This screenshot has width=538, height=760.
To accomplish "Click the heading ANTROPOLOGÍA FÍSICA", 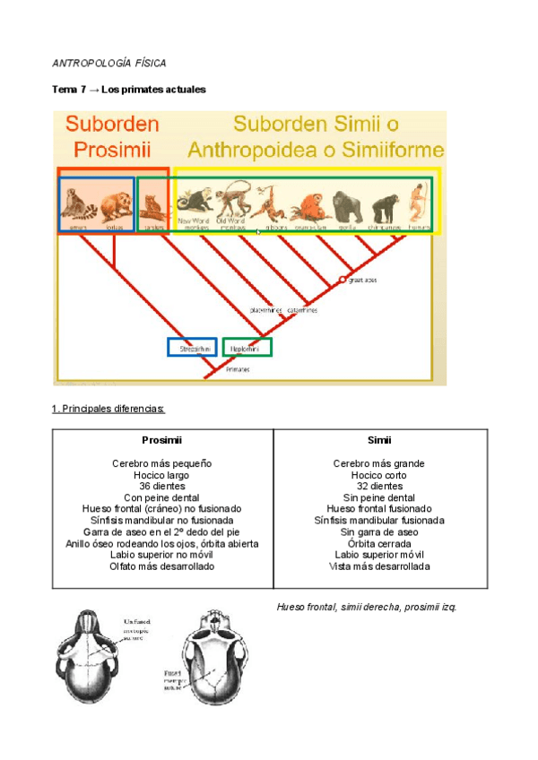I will [x=109, y=64].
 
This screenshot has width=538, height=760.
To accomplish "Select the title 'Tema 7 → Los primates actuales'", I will [x=129, y=90].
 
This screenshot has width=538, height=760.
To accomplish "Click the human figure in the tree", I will [x=418, y=205].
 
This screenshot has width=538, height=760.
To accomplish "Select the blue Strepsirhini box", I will [x=192, y=348].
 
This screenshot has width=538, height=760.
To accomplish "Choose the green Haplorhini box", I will [x=247, y=348].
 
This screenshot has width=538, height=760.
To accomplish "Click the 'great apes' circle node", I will [x=342, y=281].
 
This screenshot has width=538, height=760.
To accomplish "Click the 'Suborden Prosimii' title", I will [x=111, y=135].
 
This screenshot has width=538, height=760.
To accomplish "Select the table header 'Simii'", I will [x=379, y=440].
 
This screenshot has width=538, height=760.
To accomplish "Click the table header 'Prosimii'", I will [x=162, y=440].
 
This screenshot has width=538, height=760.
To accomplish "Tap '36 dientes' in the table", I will [x=162, y=486].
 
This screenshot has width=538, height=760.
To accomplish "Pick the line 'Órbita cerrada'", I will [x=379, y=543].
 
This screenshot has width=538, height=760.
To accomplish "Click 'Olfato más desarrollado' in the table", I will [x=162, y=566].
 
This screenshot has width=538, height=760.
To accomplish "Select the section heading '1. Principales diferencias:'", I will [x=108, y=409].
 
